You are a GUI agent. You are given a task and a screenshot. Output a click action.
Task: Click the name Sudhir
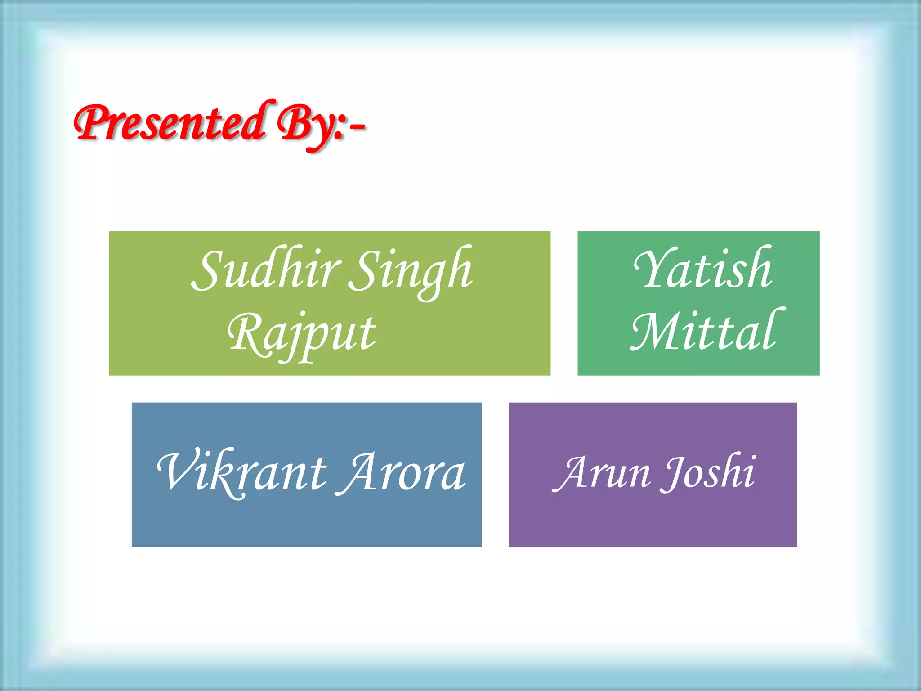(x=265, y=270)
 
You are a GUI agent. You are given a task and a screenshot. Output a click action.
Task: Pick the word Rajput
(x=301, y=335)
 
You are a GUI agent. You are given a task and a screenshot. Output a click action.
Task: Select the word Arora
(x=403, y=472)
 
